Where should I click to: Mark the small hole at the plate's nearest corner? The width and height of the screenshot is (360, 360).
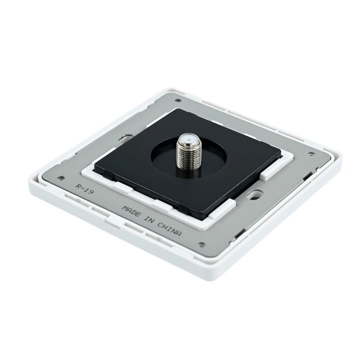pyautogui.click(x=201, y=244)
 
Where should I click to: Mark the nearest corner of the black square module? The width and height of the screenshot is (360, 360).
pyautogui.click(x=205, y=217)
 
